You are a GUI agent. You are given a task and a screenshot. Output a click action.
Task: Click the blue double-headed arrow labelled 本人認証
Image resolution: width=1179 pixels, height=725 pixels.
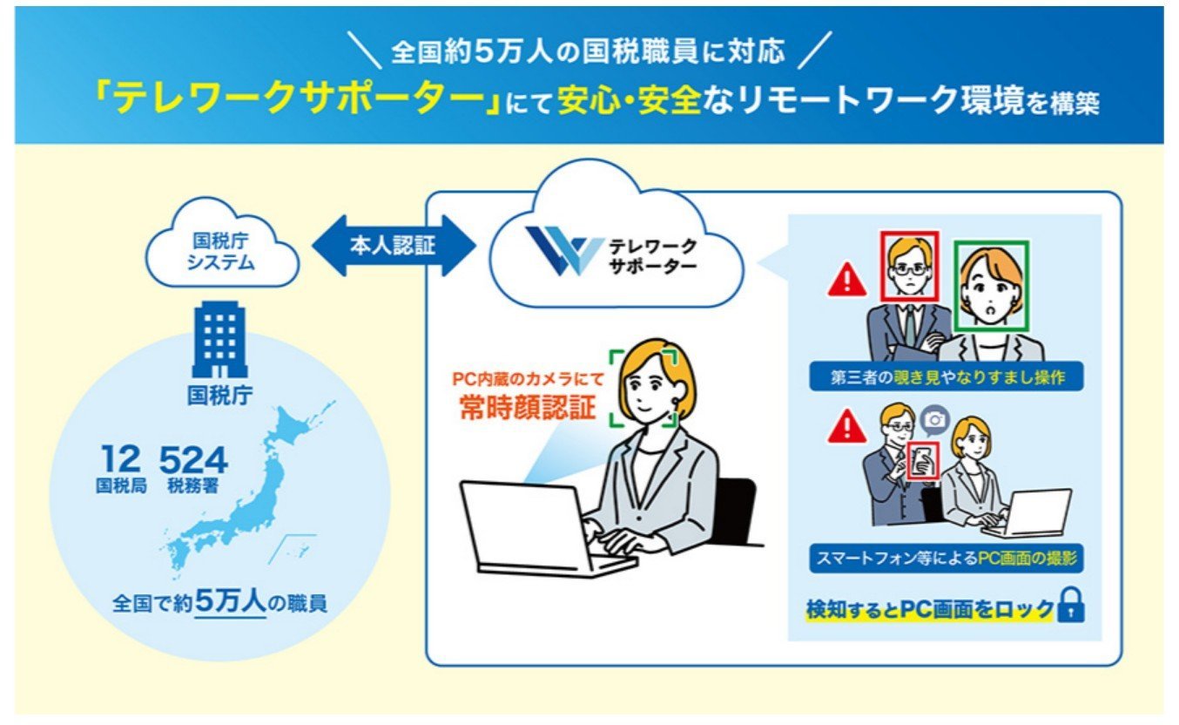394,246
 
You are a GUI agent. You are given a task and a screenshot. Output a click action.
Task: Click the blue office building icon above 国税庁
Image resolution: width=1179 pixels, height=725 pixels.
219,339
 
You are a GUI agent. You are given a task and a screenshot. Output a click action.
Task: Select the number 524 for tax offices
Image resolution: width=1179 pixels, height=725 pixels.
193,459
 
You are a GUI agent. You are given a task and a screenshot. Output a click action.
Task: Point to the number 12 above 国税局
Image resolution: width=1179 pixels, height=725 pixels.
121,458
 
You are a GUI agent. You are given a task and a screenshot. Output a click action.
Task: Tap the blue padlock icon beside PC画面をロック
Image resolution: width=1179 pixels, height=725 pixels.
1072,606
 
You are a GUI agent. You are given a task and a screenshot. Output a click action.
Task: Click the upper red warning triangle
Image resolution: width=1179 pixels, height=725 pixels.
847,280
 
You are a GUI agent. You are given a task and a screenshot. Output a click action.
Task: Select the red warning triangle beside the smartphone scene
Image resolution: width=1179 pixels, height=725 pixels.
847,426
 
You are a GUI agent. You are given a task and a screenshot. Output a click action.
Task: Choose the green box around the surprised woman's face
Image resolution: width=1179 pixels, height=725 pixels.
992,287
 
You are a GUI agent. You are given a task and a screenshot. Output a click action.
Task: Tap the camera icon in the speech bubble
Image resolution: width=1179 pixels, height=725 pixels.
935,420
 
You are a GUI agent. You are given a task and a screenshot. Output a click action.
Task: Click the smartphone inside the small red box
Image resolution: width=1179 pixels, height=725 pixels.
923,461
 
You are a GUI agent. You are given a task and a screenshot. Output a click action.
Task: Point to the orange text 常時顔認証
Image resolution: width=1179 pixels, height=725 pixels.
528,407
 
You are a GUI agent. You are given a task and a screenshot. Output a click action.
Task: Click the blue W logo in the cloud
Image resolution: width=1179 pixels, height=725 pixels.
564,251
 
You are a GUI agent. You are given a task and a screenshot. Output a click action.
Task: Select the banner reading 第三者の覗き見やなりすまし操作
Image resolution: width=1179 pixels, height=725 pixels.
947,376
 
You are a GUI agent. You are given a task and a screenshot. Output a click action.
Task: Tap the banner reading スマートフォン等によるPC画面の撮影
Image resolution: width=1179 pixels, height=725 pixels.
947,558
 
